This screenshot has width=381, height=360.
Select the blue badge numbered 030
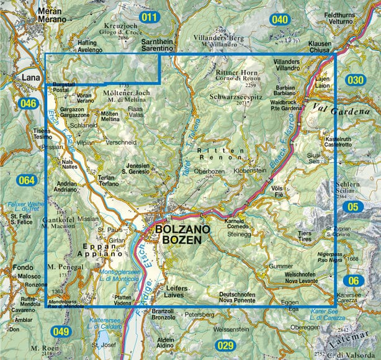click(356, 80)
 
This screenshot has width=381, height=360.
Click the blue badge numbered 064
click(27, 181)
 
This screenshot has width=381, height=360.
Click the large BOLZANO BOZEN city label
click(179, 233)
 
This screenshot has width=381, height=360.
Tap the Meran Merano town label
click(52, 16)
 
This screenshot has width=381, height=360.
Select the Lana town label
click(29, 78)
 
